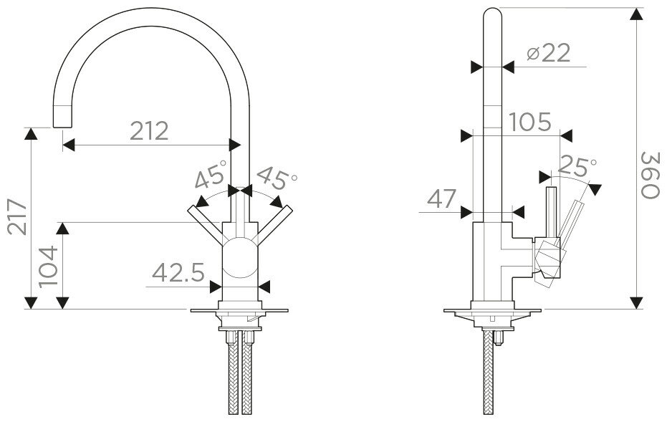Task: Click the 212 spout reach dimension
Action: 149,130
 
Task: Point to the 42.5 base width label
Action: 178,273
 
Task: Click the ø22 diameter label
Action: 548,54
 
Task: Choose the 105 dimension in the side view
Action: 530,123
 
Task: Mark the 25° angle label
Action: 577,167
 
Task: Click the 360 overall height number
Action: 650,175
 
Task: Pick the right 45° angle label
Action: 276,177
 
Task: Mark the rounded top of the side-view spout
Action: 493,14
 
